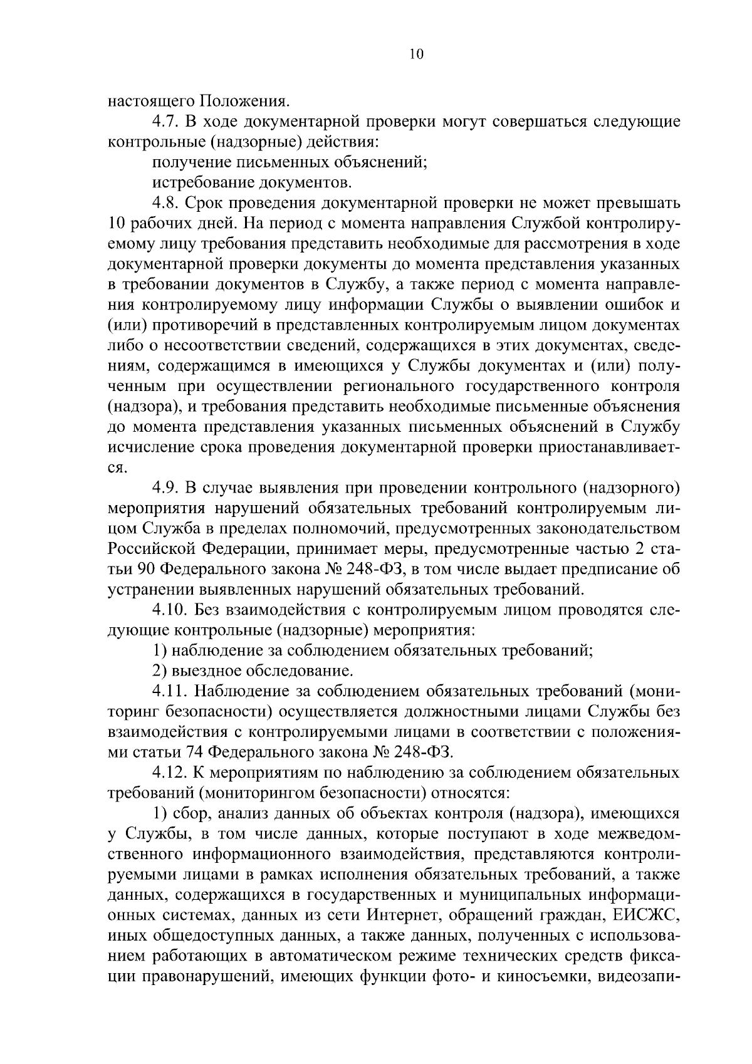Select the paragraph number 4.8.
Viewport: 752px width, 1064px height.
click(166, 203)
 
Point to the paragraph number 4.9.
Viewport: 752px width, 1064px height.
click(166, 488)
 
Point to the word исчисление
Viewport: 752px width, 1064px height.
click(150, 447)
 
